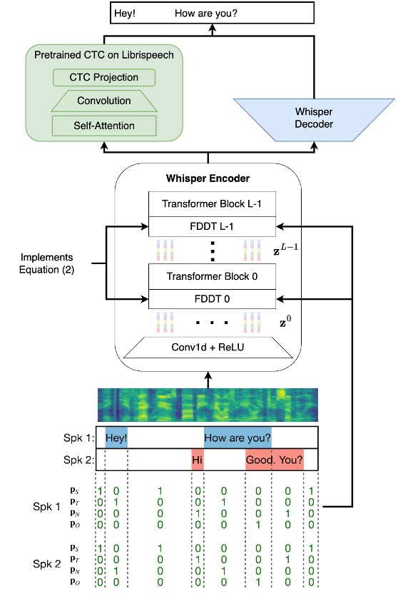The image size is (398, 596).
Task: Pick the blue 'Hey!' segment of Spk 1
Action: pos(116,437)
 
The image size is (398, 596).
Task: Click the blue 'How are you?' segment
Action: pos(238,437)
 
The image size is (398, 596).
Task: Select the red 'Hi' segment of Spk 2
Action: pos(198,460)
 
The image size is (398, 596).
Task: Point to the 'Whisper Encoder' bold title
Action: pos(209,177)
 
